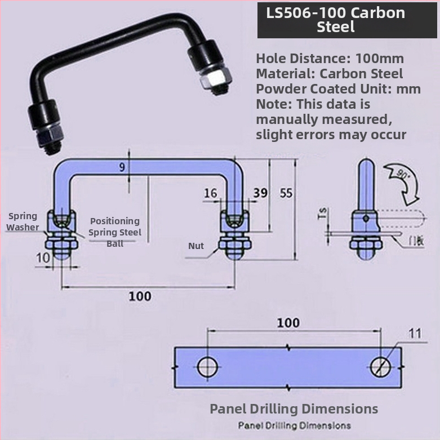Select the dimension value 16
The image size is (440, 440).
click(211, 193)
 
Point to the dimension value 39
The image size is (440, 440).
click(260, 193)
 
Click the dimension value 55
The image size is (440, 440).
click(286, 193)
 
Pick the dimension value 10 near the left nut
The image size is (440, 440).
click(43, 258)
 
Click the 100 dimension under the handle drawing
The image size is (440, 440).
click(140, 296)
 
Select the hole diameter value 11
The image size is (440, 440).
click(415, 334)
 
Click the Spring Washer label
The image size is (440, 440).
click(23, 221)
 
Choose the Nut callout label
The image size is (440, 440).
click(196, 246)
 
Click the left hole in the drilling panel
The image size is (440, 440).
click(208, 366)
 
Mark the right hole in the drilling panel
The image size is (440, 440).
click(381, 366)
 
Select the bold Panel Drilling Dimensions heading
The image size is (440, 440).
click(294, 408)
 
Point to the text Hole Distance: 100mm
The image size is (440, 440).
click(330, 58)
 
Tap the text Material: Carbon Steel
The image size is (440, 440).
click(330, 73)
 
